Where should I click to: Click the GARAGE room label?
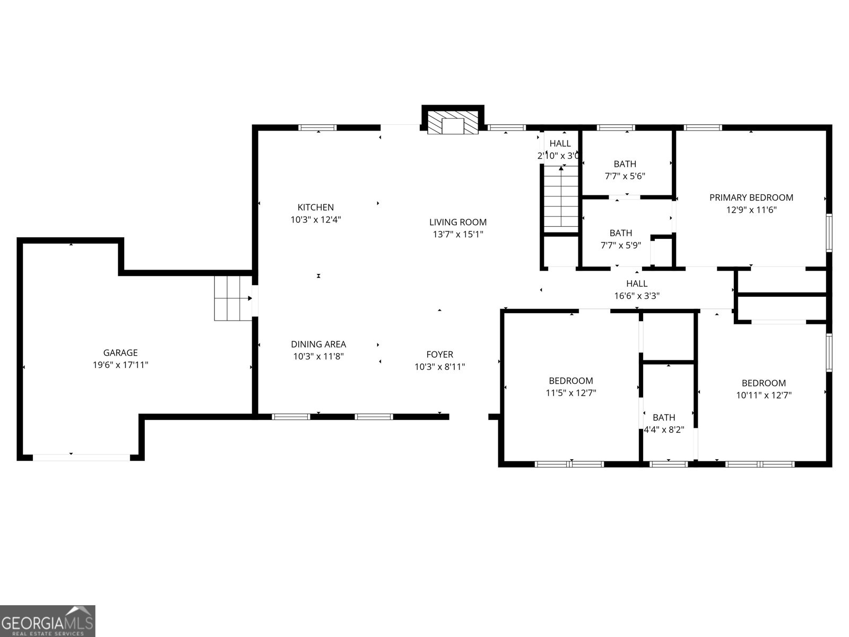tap(120, 352)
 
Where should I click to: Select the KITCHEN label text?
tap(315, 208)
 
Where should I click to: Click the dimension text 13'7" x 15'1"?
tap(458, 234)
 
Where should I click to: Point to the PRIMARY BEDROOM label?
tap(751, 197)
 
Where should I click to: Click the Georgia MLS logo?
tap(48, 621)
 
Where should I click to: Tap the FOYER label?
tap(439, 355)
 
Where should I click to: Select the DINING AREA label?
tap(318, 345)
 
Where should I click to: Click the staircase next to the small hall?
tap(561, 196)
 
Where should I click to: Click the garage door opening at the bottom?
tap(81, 457)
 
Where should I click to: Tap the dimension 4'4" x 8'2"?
tap(664, 430)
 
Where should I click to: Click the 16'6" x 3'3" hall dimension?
tap(637, 296)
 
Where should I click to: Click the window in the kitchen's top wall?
tap(317, 127)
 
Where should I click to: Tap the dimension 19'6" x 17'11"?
tap(120, 365)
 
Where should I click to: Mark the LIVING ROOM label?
tap(457, 222)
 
